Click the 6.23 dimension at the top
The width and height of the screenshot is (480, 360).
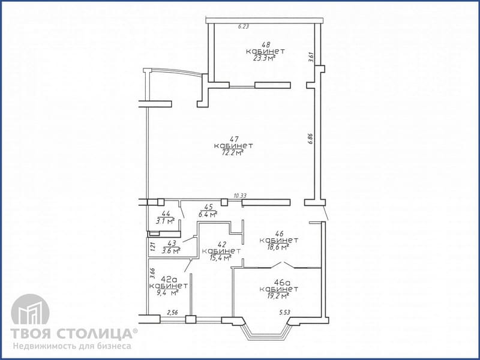[244, 26]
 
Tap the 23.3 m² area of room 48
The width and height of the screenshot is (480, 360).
[263, 58]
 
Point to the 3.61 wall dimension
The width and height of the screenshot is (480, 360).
[311, 58]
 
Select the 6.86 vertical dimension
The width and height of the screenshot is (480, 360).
[311, 139]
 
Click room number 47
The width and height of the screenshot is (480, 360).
[235, 139]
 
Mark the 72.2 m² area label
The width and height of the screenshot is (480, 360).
[233, 152]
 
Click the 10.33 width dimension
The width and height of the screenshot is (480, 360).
[239, 196]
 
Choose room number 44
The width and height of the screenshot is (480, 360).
[166, 214]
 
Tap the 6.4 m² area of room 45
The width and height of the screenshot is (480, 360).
[208, 214]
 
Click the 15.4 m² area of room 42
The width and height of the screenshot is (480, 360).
[220, 258]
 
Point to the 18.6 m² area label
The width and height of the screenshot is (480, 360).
[278, 247]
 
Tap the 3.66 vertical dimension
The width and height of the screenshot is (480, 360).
[152, 273]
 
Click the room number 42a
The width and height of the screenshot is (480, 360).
[169, 279]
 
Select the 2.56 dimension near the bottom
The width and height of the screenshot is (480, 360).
[173, 312]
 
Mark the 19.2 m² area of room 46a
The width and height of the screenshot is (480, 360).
[278, 296]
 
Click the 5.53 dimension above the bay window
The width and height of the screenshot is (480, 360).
[284, 312]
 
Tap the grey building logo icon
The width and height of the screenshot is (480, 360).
[30, 310]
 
